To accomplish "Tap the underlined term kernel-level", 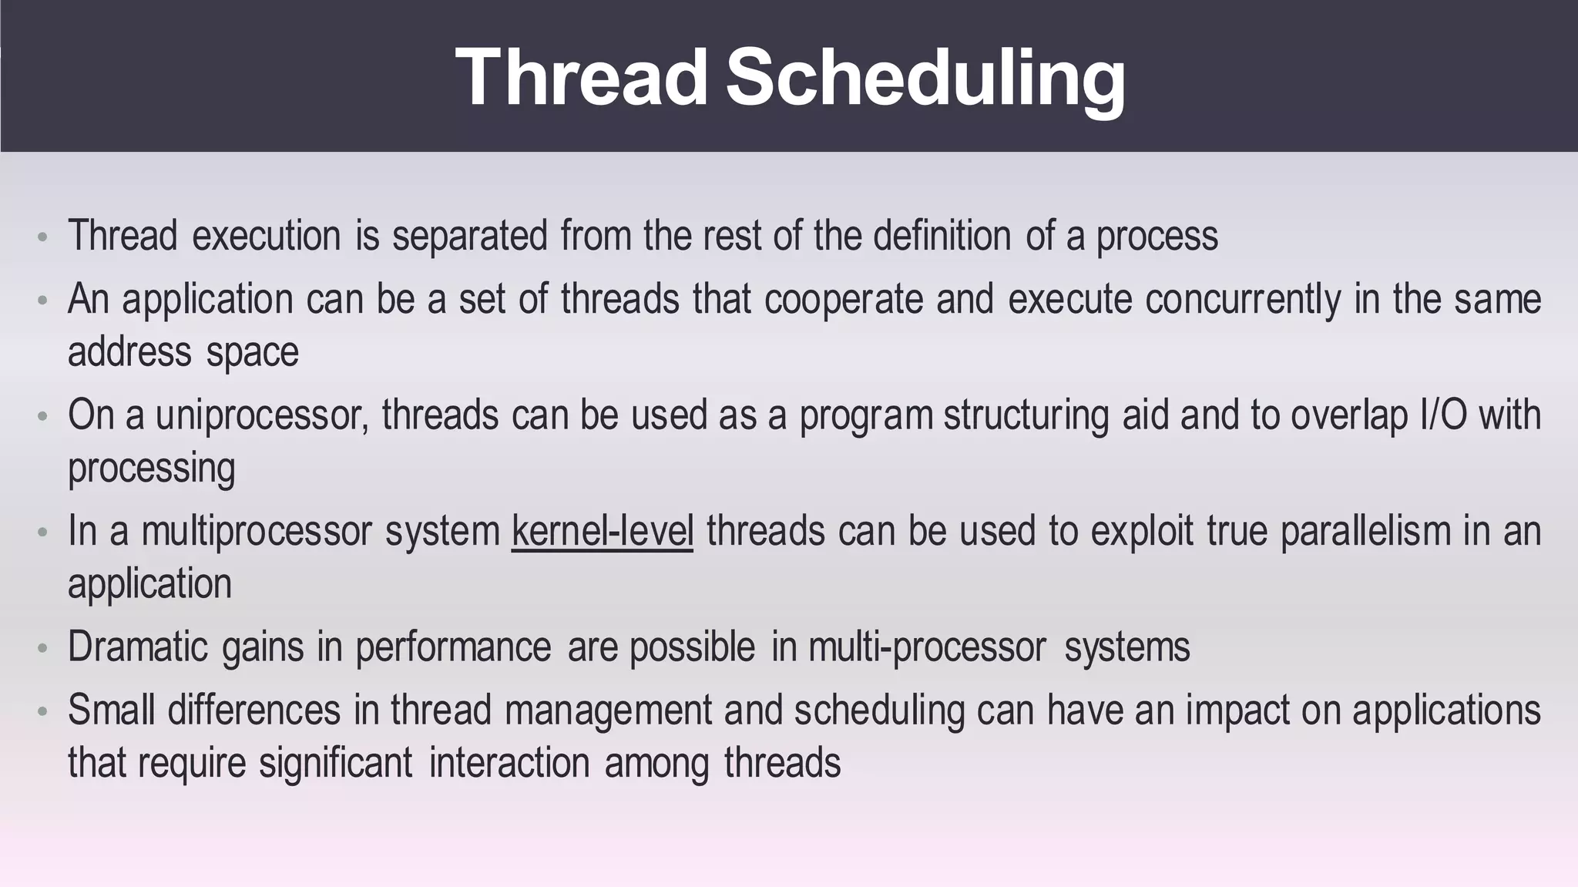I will [602, 532].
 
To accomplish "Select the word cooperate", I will [844, 301].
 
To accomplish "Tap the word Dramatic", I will [138, 647].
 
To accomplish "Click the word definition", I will [942, 235].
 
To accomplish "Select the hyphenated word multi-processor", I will [927, 648].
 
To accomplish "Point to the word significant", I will [335, 764].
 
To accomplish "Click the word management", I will [608, 711].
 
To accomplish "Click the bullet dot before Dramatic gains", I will [43, 648].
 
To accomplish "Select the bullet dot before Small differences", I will [43, 711].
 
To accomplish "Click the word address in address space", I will [129, 352].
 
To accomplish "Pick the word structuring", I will [1026, 416].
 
